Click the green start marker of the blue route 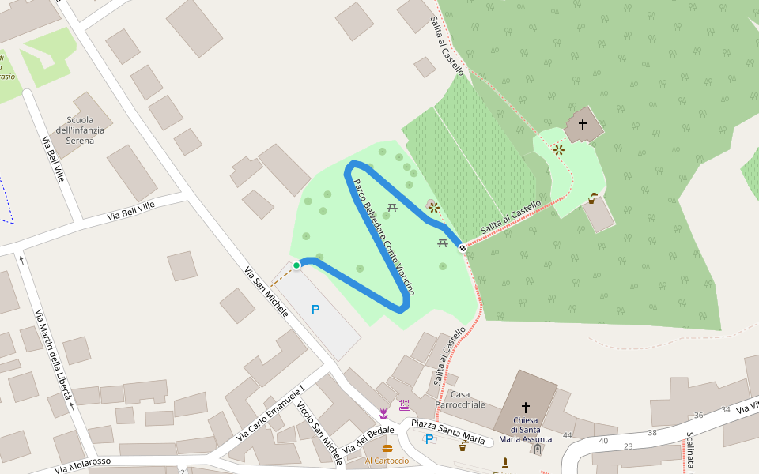click(296, 265)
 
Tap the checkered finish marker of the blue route click(463, 248)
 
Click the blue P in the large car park click(315, 310)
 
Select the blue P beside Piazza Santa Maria click(429, 439)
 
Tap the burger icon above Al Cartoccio click(387, 449)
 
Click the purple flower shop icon click(383, 414)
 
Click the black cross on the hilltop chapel click(583, 125)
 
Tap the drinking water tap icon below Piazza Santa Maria click(463, 446)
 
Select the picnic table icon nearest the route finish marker click(443, 243)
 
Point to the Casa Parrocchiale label click(466, 399)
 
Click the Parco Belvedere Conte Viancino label click(383, 237)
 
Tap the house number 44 click(567, 435)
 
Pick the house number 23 click(629, 446)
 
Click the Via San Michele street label click(266, 292)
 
